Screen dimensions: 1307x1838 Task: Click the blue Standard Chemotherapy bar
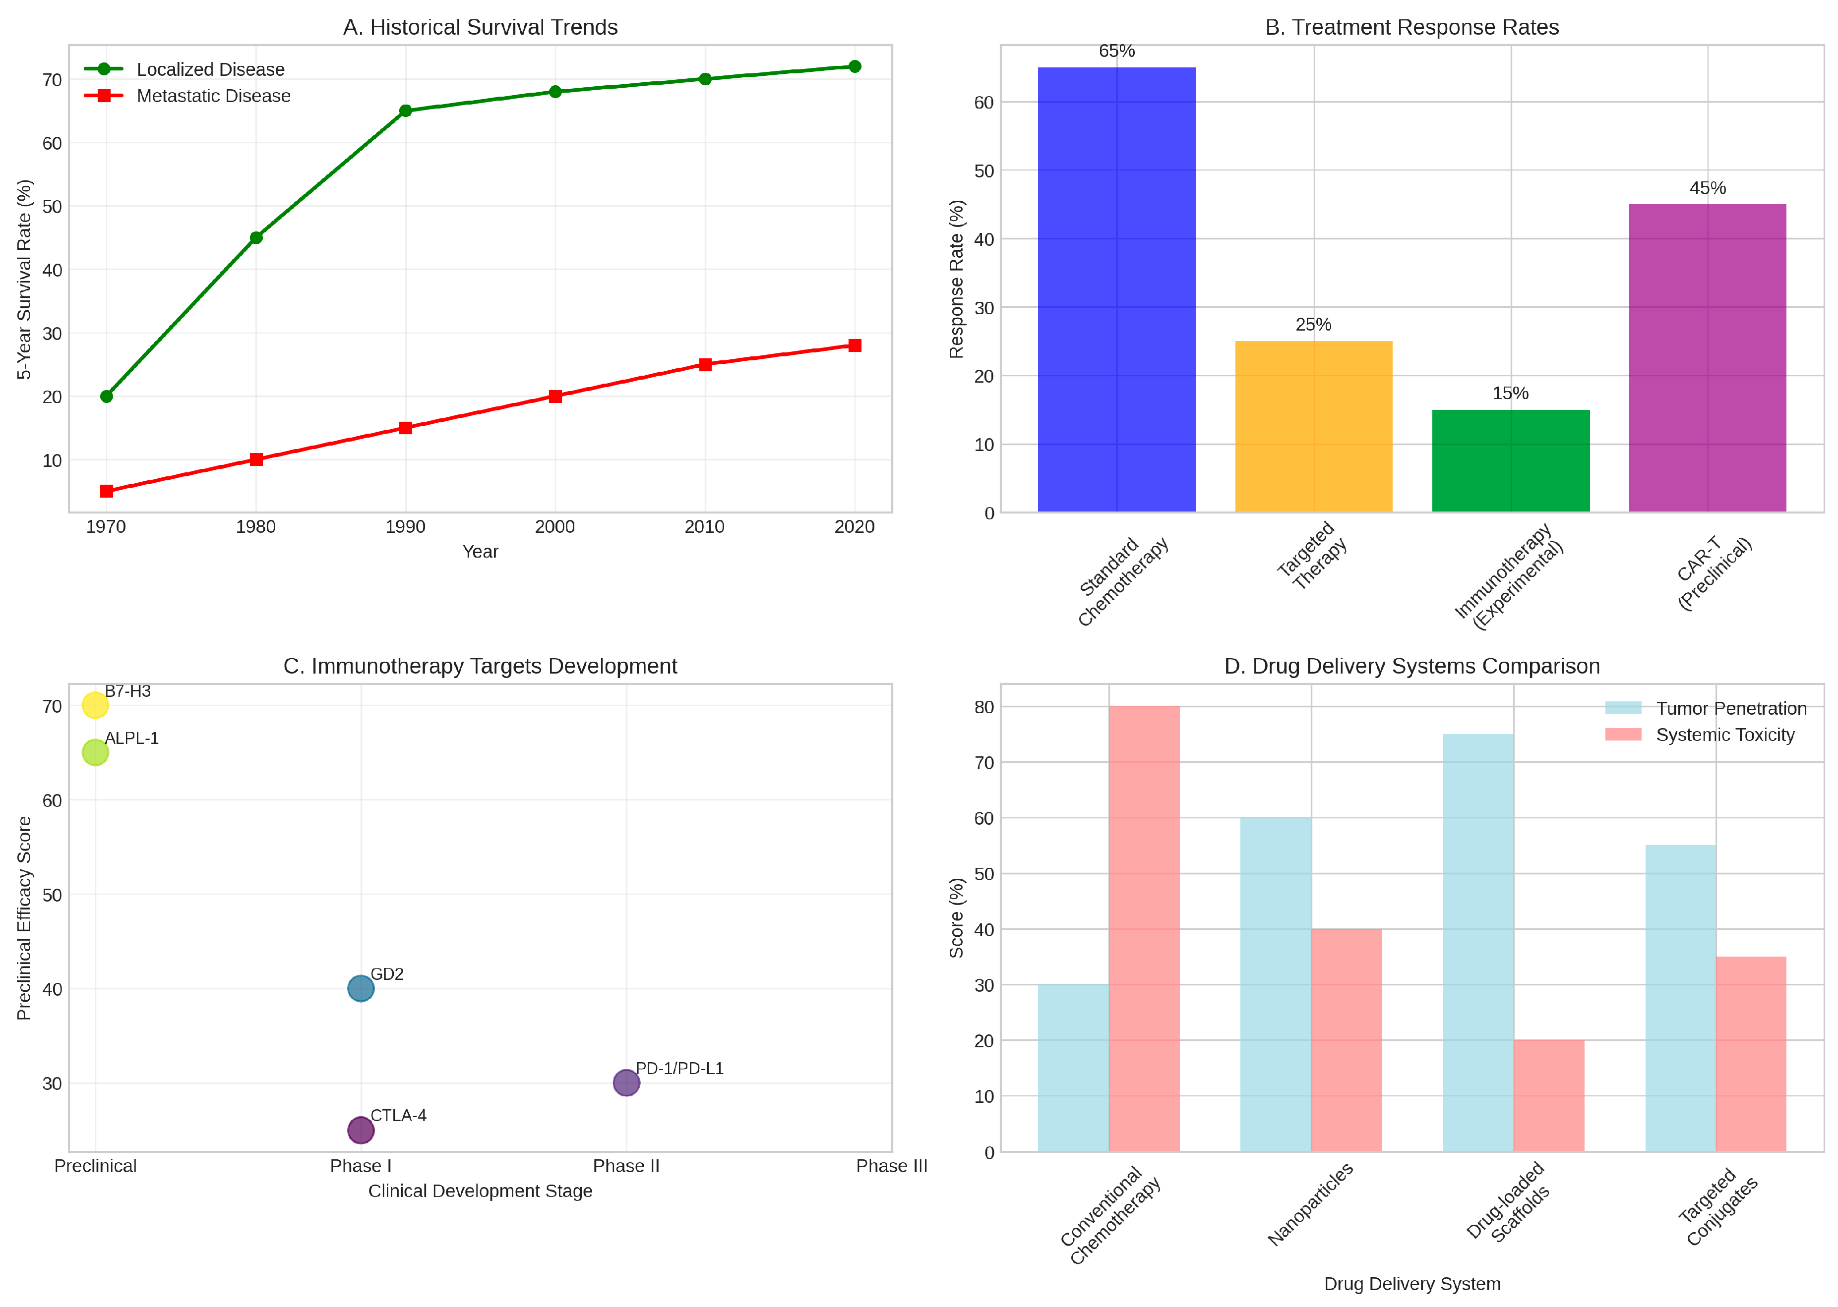[1117, 290]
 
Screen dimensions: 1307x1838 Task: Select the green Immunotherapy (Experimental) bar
[1510, 460]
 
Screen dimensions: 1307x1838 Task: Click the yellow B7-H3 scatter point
[95, 705]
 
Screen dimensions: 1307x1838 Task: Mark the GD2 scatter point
[361, 988]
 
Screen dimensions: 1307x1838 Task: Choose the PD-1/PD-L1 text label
[679, 1068]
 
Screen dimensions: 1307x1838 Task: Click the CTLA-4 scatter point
[361, 1130]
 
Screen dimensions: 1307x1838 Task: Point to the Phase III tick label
[891, 1166]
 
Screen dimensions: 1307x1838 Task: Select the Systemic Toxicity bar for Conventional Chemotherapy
[1144, 929]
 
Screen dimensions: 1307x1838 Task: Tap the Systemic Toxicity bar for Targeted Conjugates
[1751, 1054]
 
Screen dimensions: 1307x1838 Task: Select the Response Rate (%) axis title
[956, 279]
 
